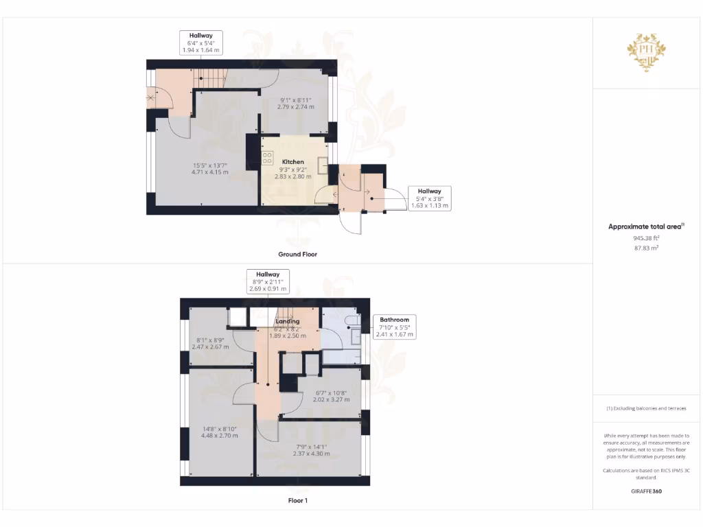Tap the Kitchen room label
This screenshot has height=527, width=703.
click(292, 162)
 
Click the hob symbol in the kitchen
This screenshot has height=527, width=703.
click(267, 159)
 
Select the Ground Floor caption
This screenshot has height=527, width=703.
click(297, 254)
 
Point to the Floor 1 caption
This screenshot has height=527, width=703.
click(297, 500)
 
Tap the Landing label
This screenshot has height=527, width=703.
click(287, 321)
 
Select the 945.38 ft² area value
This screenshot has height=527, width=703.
click(646, 237)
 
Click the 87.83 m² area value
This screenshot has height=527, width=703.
click(646, 248)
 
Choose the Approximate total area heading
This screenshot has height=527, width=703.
click(646, 226)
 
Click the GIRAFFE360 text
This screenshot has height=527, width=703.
click(646, 491)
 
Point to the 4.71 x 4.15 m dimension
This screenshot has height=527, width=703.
click(209, 172)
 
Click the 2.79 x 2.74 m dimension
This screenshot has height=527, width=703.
click(295, 107)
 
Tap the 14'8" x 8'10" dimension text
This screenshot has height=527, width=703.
click(219, 428)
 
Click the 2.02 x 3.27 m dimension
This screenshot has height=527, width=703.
click(331, 399)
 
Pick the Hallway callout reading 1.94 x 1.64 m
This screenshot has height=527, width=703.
click(201, 42)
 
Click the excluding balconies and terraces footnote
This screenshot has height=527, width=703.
click(646, 408)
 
